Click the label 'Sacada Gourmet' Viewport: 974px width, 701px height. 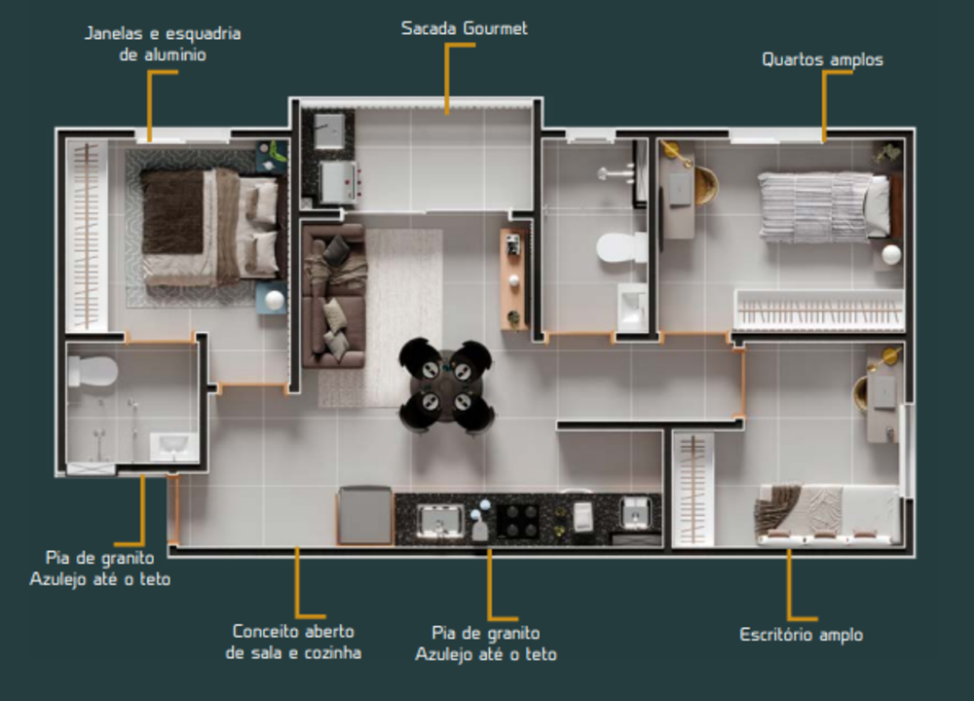coord(464,28)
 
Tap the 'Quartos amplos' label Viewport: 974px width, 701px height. coord(822,60)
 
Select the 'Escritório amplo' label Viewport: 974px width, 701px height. coord(802,635)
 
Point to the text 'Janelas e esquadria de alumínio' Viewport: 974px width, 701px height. coord(163,44)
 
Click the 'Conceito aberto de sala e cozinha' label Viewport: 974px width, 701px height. coord(293,642)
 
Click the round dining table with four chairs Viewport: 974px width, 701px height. coord(446,387)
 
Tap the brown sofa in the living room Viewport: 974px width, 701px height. coord(334,296)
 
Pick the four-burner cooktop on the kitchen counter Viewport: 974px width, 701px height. coord(517,519)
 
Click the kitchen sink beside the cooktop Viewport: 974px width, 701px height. coord(440,519)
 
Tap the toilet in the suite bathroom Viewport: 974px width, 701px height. coord(93,371)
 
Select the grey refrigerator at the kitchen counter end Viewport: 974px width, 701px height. coord(364,516)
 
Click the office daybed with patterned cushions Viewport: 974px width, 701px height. coord(827,514)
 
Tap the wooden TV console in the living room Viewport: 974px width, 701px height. coord(513,279)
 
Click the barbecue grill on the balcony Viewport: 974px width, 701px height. coord(338,182)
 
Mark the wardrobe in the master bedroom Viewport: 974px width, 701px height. coord(87,236)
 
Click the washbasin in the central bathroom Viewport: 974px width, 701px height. coord(632,307)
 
